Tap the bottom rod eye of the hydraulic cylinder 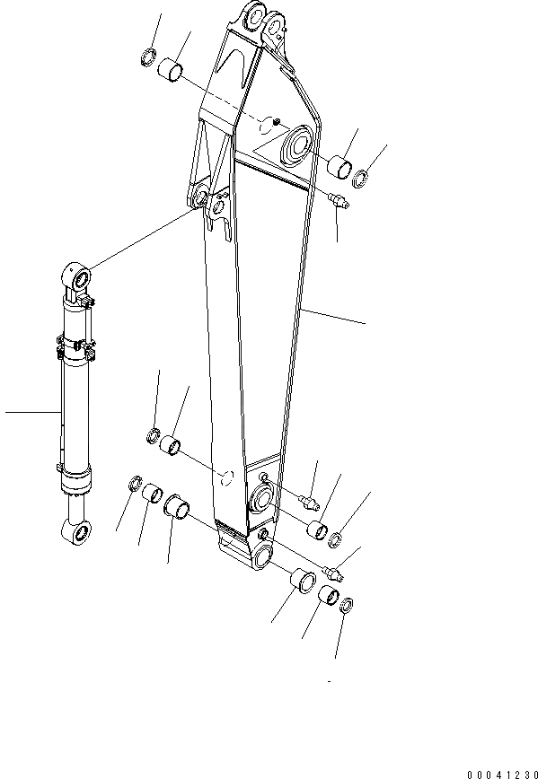(76, 534)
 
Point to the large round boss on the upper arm (296, 143)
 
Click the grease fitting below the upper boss (339, 202)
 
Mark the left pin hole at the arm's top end (251, 19)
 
